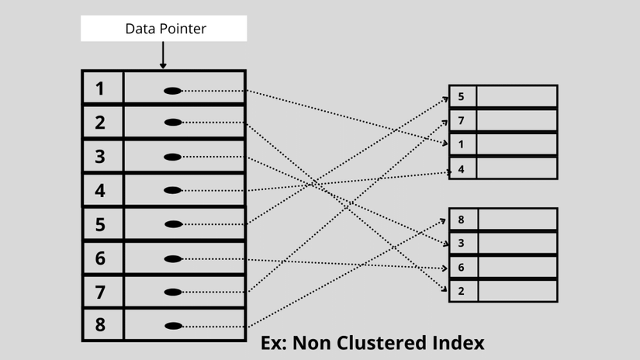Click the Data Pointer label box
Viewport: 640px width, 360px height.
[x=164, y=29]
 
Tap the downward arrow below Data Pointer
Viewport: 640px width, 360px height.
[x=163, y=57]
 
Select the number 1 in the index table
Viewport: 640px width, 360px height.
[x=100, y=88]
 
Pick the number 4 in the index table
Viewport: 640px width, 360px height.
[x=100, y=190]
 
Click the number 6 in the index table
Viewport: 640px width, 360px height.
[x=100, y=258]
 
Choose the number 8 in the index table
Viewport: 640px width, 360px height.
[x=100, y=325]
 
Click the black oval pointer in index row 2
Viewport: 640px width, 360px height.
[x=173, y=123]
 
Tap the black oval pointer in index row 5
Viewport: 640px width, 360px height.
[x=173, y=224]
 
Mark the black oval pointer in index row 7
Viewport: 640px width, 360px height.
[x=173, y=292]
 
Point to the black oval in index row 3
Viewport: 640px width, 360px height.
[x=173, y=157]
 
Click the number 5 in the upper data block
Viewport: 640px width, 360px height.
[x=462, y=97]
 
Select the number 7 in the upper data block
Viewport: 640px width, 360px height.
[x=462, y=120]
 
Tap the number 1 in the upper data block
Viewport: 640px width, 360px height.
[x=462, y=144]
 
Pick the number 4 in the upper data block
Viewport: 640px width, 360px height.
[x=462, y=168]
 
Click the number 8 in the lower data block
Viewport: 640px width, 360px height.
[x=462, y=220]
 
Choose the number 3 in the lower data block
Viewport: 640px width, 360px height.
[x=462, y=244]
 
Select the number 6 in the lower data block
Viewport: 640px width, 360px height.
[x=462, y=268]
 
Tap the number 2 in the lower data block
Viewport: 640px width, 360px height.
[x=462, y=291]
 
